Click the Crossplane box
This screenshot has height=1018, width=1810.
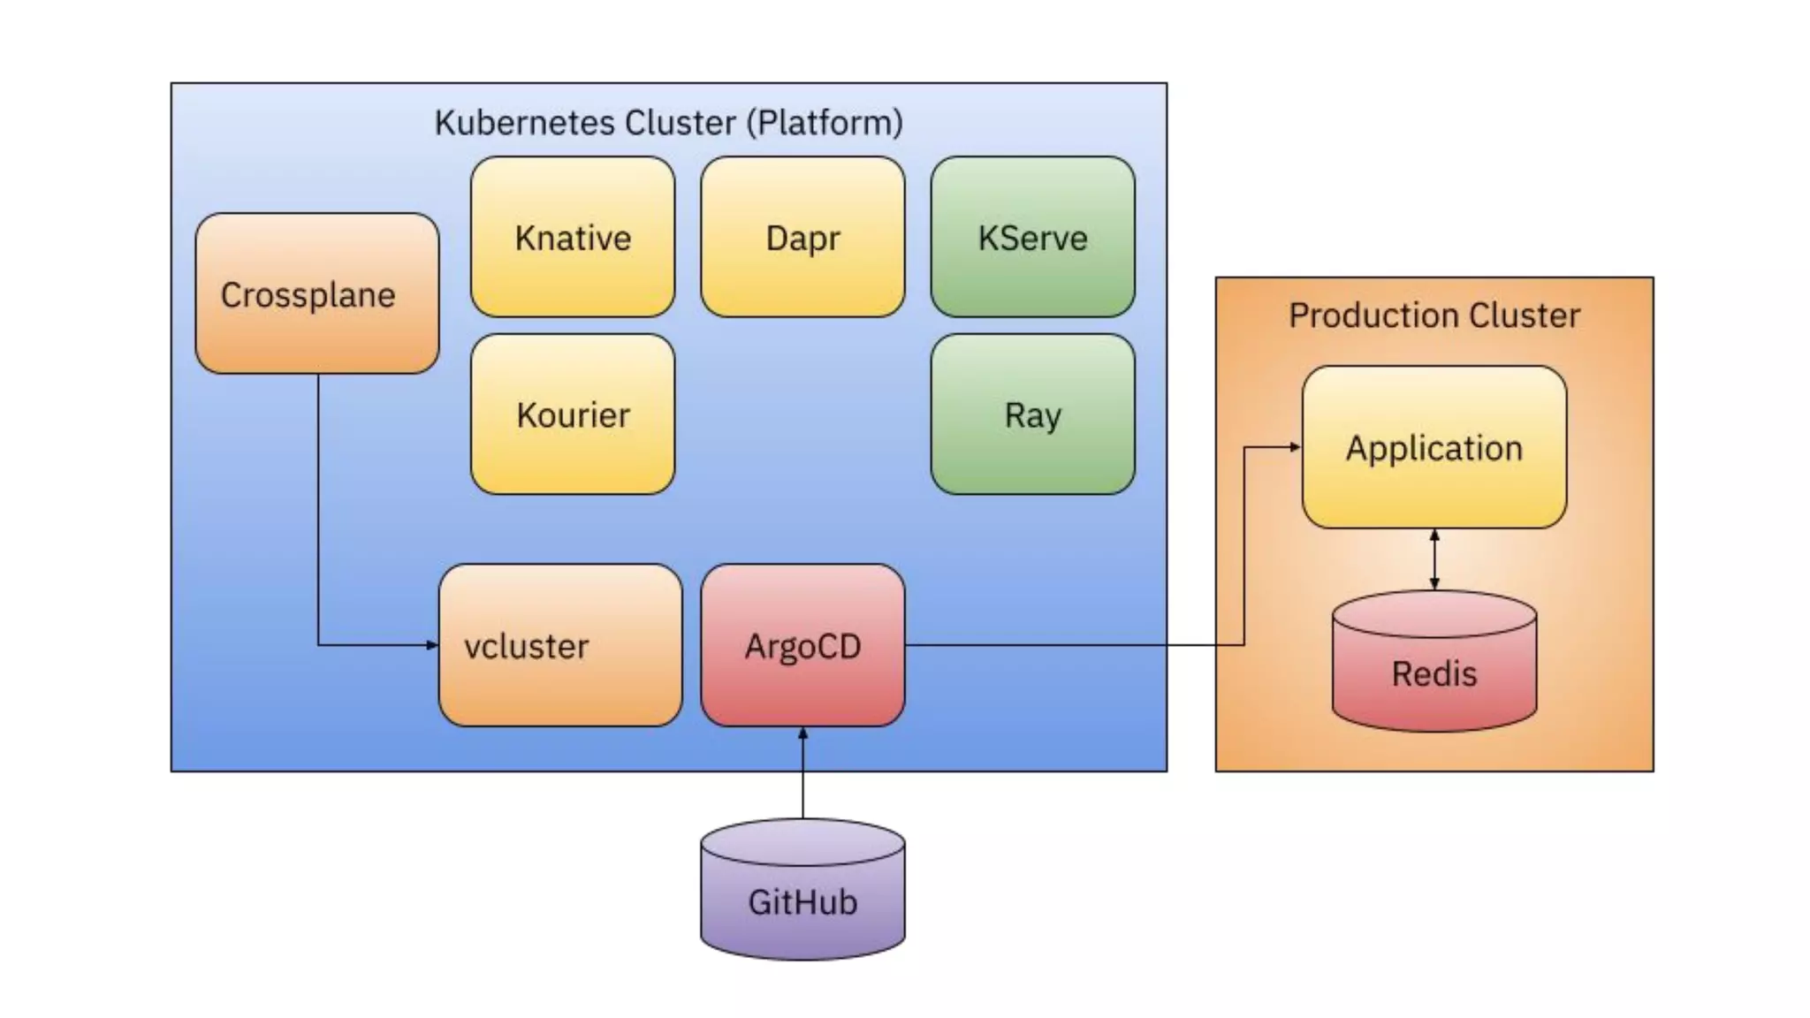[x=316, y=293]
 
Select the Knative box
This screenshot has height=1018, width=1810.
[x=573, y=237]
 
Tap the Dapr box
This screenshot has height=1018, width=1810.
[x=802, y=237]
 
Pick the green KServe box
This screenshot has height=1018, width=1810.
[x=1032, y=237]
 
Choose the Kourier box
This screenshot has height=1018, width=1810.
[x=573, y=414]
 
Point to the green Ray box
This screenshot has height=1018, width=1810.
[x=1032, y=414]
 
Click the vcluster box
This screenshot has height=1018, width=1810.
[x=560, y=645]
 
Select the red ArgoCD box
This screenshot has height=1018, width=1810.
[x=802, y=645]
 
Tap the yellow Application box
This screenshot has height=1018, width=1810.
[x=1434, y=447]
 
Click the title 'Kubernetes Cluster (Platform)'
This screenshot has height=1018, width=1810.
[x=668, y=122]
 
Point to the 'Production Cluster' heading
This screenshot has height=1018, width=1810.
[x=1434, y=315]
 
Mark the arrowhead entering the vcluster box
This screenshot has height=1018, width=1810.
[x=432, y=645]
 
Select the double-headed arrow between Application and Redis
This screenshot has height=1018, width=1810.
[x=1434, y=559]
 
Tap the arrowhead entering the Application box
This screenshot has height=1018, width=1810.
[x=1296, y=447]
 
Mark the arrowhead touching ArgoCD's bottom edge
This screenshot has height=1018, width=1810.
[x=802, y=733]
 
